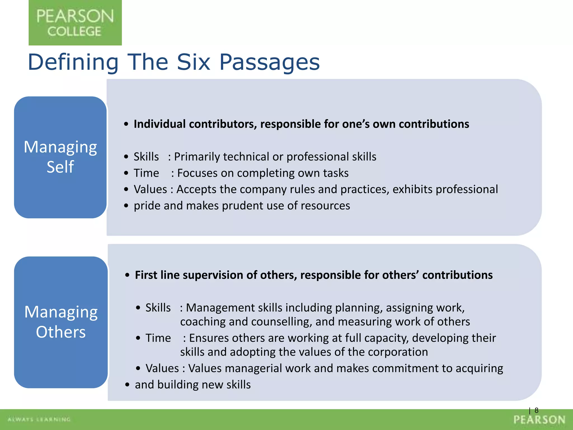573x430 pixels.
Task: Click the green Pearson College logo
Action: tap(75, 23)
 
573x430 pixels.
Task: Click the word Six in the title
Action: tap(193, 62)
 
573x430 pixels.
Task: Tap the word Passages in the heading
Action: tap(269, 62)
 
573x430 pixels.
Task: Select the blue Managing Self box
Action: tap(60, 157)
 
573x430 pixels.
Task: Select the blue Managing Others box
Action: tap(61, 322)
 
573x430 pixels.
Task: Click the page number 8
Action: tap(536, 410)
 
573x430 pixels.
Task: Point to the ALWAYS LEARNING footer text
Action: tap(39, 419)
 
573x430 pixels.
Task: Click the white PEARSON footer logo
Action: tap(539, 420)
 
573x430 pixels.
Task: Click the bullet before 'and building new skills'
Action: tap(127, 385)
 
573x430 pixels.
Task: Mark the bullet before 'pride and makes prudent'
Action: tap(126, 206)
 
